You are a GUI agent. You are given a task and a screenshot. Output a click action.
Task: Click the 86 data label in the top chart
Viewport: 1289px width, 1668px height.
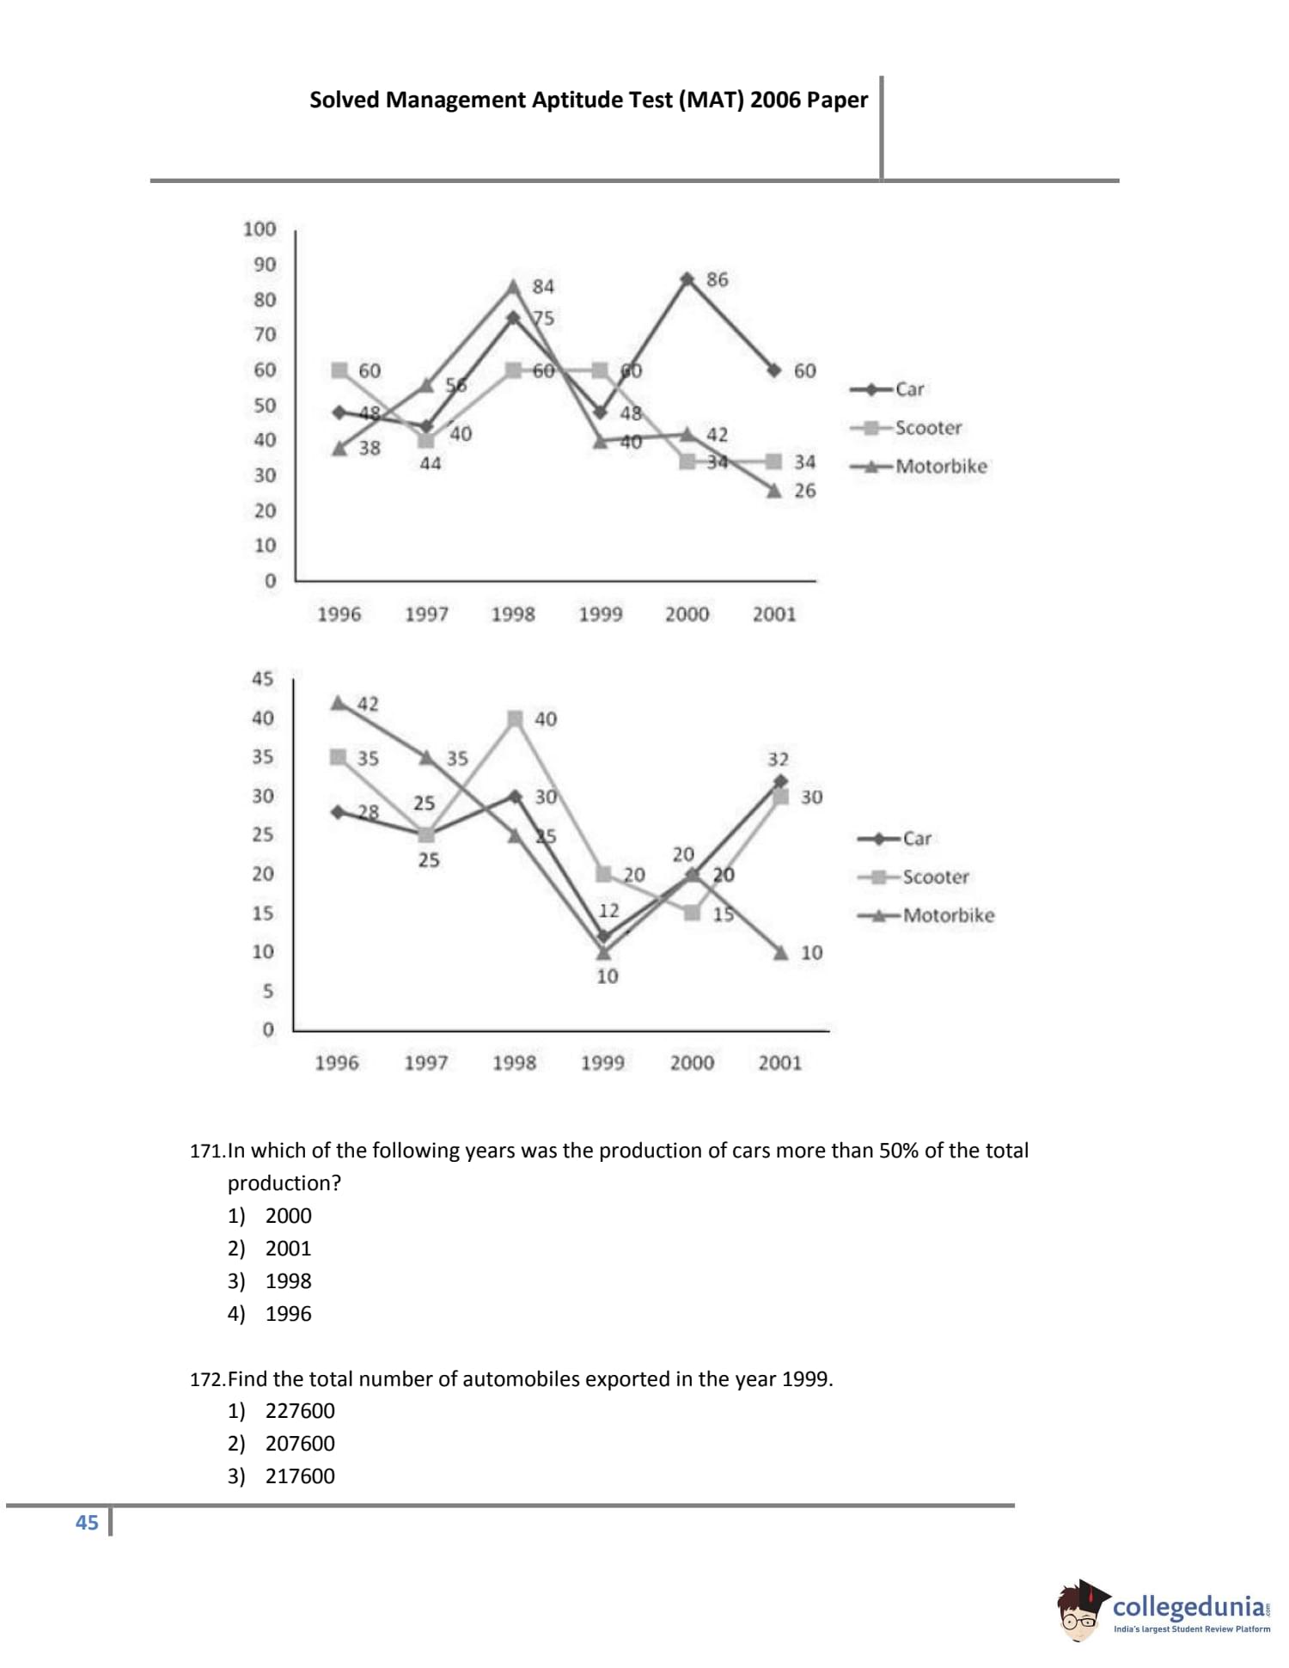click(x=717, y=279)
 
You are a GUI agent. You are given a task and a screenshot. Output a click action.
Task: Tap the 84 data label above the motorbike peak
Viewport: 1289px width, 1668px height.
click(x=543, y=286)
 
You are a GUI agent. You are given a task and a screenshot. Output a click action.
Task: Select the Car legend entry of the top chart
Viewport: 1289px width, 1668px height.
click(x=909, y=389)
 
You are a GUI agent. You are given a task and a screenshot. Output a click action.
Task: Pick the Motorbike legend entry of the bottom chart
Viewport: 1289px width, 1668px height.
click(x=948, y=915)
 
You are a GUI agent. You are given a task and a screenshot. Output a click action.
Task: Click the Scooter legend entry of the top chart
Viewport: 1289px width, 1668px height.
click(x=927, y=428)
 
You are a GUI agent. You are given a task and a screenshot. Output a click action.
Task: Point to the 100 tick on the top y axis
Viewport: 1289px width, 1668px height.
click(x=260, y=229)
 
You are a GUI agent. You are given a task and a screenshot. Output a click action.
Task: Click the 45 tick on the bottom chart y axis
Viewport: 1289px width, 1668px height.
click(x=262, y=679)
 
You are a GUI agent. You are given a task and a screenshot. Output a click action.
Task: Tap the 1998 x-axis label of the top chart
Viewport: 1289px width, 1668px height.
click(x=513, y=614)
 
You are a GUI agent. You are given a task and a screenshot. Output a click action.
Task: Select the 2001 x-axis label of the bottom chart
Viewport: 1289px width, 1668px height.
click(x=779, y=1063)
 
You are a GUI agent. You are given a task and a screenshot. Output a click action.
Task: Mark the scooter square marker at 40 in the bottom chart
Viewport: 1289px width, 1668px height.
click(x=515, y=718)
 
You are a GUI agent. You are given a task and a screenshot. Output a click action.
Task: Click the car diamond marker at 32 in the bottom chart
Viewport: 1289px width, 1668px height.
click(x=779, y=781)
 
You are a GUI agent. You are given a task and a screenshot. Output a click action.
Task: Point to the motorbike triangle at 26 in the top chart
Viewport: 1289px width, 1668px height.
click(x=774, y=491)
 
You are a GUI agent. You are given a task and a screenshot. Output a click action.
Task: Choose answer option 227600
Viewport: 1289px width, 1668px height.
click(x=300, y=1411)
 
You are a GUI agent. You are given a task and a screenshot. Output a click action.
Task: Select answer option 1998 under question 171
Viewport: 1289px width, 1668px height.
click(x=288, y=1281)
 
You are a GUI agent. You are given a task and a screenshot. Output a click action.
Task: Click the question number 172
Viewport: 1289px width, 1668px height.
click(x=207, y=1379)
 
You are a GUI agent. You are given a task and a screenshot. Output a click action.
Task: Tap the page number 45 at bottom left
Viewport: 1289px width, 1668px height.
click(x=87, y=1547)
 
